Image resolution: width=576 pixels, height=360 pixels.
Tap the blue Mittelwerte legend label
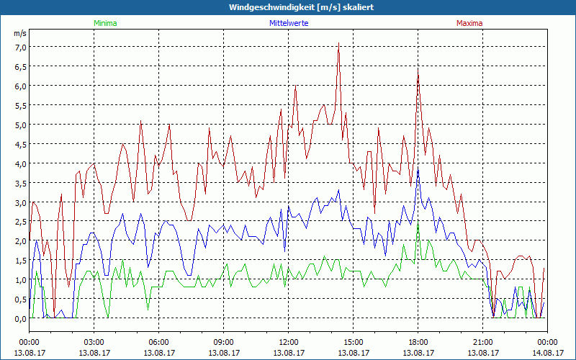pyautogui.click(x=289, y=23)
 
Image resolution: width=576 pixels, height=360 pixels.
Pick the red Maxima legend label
pyautogui.click(x=469, y=23)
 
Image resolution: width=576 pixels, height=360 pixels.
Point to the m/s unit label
pyautogui.click(x=20, y=34)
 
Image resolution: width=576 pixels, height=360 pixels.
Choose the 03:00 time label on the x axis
pyautogui.click(x=94, y=342)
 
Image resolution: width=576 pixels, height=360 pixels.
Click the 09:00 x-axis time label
pyautogui.click(x=223, y=342)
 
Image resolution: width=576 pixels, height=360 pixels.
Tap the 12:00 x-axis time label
pyautogui.click(x=288, y=342)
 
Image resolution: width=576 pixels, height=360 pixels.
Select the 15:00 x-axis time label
pyautogui.click(x=353, y=342)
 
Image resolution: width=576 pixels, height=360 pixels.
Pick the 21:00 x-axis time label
pyautogui.click(x=482, y=342)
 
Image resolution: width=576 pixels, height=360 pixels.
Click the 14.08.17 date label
pyautogui.click(x=547, y=353)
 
